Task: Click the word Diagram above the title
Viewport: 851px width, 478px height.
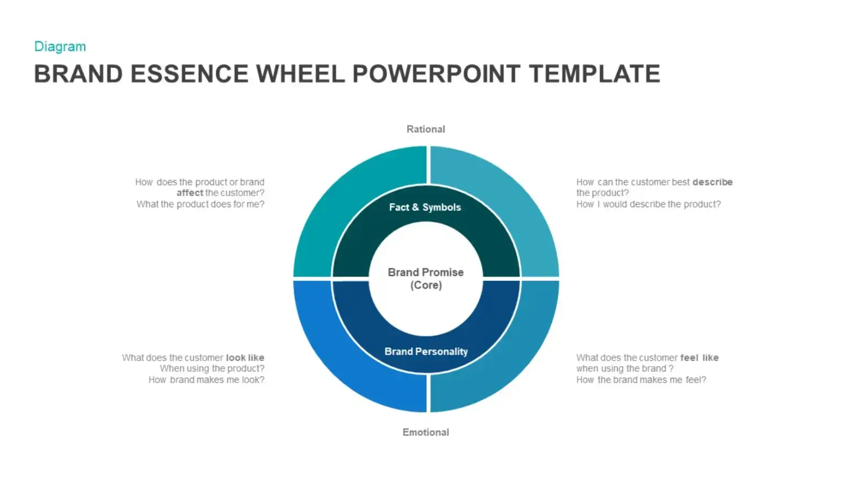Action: tap(60, 47)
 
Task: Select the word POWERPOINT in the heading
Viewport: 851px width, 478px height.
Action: tap(436, 74)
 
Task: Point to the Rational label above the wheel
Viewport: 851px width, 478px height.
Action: tap(426, 129)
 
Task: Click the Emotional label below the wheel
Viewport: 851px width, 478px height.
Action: tap(426, 432)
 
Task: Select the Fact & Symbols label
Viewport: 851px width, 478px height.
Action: tap(425, 208)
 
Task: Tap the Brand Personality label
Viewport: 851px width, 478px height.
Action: tap(426, 351)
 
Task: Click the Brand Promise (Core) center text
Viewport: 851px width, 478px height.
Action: tap(426, 279)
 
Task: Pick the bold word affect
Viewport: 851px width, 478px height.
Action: tap(190, 193)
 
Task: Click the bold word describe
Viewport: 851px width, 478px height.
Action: tap(712, 182)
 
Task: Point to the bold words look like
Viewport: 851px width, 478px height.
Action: tap(245, 357)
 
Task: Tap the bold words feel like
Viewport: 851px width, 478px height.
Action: tap(699, 357)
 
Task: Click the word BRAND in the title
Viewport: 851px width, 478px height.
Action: tap(79, 74)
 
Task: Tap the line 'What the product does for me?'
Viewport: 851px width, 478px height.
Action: tap(200, 204)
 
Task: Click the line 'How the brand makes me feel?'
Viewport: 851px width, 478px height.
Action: tap(641, 379)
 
